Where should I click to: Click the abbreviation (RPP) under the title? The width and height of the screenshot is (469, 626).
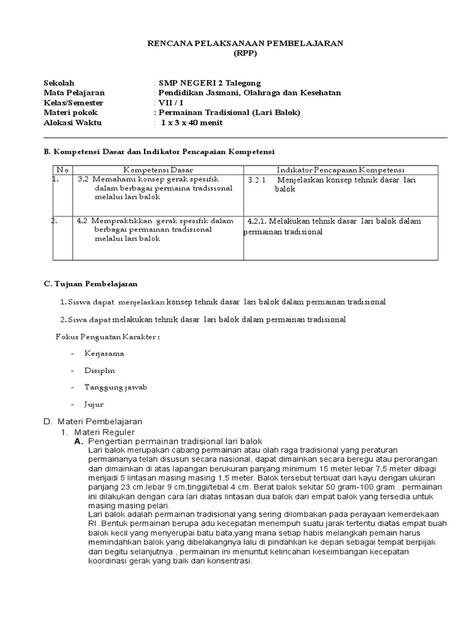point(246,53)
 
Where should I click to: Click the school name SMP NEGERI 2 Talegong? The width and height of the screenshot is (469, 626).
point(209,83)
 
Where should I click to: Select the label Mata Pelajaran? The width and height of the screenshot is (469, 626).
point(74,93)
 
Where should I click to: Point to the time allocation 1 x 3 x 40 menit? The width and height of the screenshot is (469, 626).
point(192,123)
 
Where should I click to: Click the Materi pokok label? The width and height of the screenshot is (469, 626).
point(70,112)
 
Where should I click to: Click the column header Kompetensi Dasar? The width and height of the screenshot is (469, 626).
point(158,170)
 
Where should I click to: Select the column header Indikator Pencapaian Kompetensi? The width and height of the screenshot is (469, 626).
point(340,170)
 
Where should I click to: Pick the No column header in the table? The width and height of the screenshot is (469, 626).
point(62,170)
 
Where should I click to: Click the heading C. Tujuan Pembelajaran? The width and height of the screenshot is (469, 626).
point(90,284)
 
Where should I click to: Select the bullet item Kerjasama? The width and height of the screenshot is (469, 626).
point(104,353)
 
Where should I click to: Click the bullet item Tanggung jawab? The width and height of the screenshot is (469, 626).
point(115,388)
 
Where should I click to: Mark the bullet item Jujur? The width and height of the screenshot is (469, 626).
point(94,404)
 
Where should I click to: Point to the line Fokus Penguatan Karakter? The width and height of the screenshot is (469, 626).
point(107,337)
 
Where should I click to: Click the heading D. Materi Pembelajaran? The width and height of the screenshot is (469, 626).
point(93,422)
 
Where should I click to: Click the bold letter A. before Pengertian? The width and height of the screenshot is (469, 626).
point(78,441)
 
